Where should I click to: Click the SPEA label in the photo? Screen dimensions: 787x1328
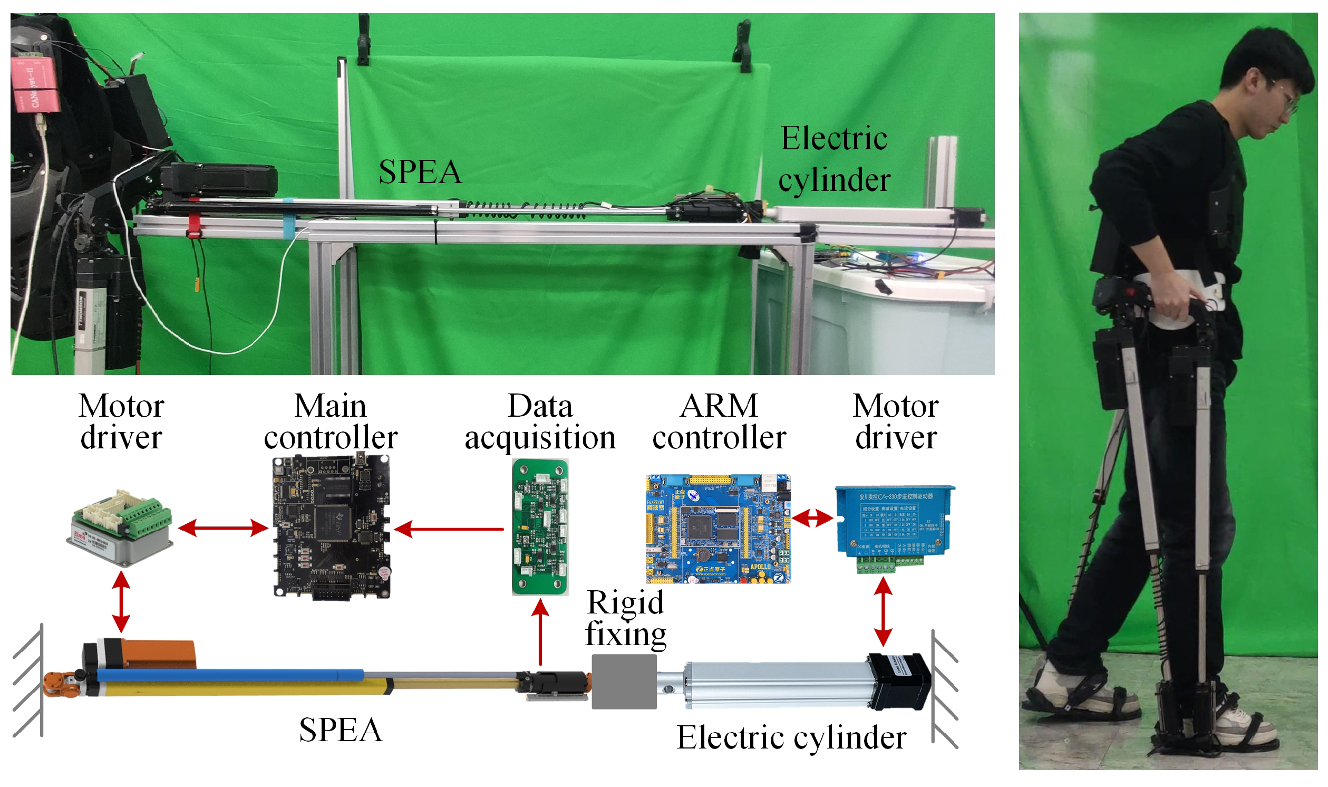click(420, 172)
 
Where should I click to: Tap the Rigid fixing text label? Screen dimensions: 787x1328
click(625, 618)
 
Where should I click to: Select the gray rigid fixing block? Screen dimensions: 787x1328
click(624, 682)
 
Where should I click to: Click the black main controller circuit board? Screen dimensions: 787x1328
click(332, 527)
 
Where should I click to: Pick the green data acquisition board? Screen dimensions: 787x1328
click(540, 527)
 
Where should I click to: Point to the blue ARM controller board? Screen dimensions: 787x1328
click(718, 529)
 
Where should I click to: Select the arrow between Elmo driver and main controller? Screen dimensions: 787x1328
click(223, 528)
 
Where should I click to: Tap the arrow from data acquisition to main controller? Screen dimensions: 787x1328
click(449, 529)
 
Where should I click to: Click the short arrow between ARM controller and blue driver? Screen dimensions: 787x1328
click(812, 518)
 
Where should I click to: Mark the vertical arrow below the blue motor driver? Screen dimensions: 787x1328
click(883, 612)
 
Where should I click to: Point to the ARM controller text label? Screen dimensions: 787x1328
click(719, 422)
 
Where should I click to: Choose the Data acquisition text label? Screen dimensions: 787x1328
click(540, 422)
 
